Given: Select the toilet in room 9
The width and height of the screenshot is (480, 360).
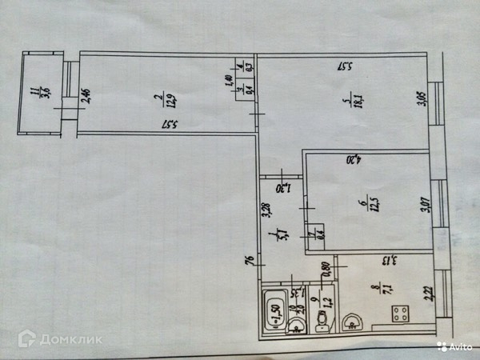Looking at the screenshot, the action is [321, 322].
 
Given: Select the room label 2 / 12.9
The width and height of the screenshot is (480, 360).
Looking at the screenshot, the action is [165, 99].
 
